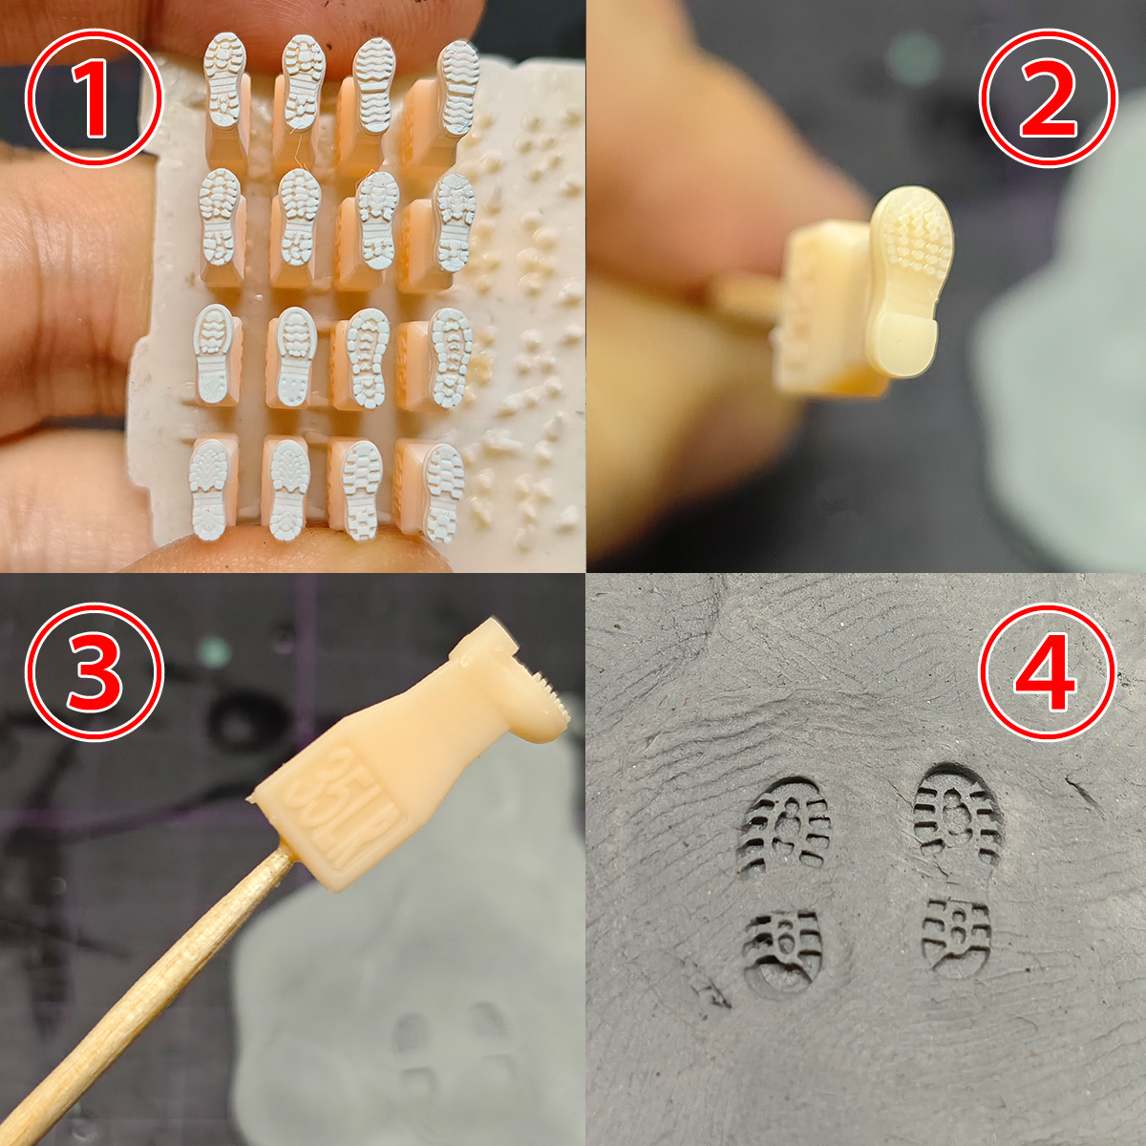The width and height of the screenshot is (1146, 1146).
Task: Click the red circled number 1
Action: (94, 97)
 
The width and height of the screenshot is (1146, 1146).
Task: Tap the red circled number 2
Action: (1049, 97)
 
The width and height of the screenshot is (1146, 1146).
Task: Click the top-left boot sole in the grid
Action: (224, 79)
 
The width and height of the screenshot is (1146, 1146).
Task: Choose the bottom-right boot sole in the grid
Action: (444, 494)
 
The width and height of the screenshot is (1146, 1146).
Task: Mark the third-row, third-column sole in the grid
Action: (368, 359)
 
